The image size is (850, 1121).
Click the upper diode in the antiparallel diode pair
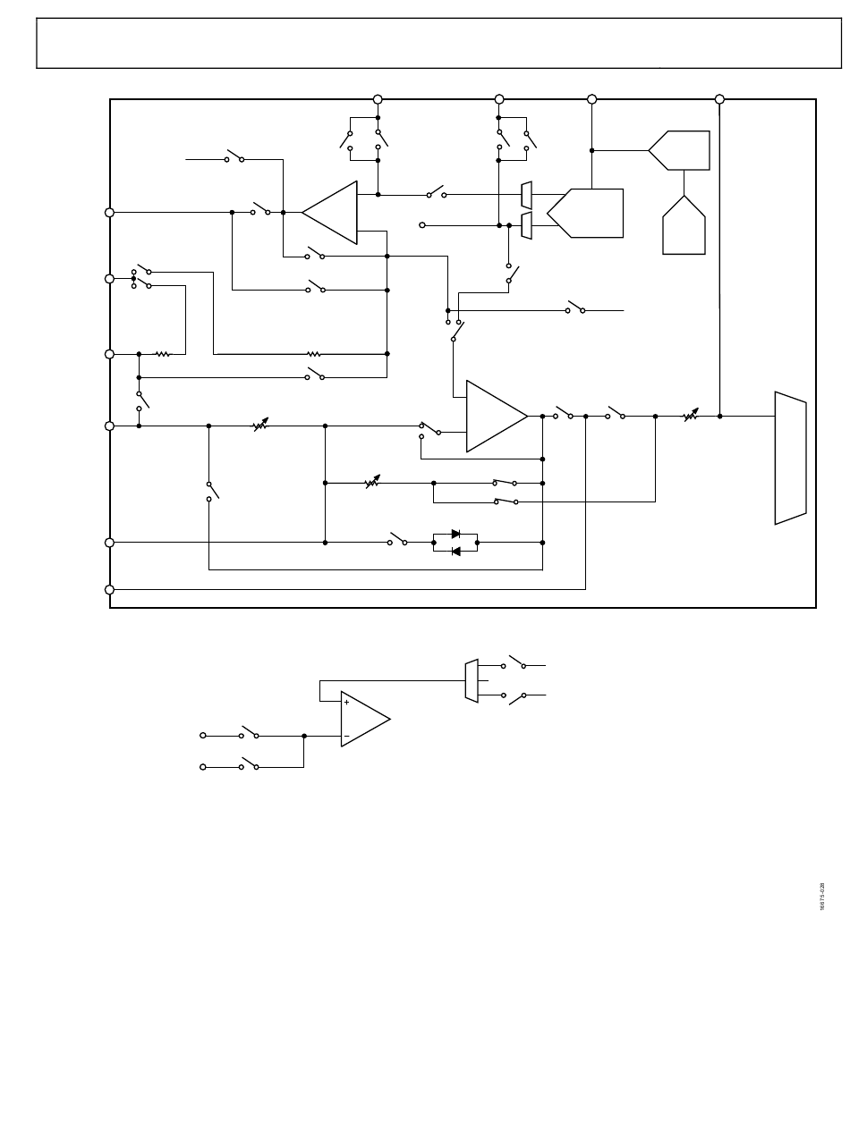455,534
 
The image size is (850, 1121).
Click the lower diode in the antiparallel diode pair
455,551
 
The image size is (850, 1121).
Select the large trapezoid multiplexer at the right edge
790,458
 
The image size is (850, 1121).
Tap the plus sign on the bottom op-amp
346,703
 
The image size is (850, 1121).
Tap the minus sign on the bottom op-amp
346,736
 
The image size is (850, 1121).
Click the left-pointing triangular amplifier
330,212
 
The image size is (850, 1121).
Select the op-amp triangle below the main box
364,719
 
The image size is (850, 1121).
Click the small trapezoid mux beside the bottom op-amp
472,680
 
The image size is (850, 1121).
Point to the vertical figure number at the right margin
821,898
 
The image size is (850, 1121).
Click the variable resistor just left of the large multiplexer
690,416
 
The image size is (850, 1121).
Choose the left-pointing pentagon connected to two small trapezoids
587,213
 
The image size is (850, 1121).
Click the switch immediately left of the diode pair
397,540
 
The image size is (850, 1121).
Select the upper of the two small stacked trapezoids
527,195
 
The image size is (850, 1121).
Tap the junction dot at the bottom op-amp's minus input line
304,736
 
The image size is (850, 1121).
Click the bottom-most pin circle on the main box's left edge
110,589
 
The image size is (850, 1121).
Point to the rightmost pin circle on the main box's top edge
719,99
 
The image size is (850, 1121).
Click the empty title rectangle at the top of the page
439,43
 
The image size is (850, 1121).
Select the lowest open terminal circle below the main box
203,767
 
